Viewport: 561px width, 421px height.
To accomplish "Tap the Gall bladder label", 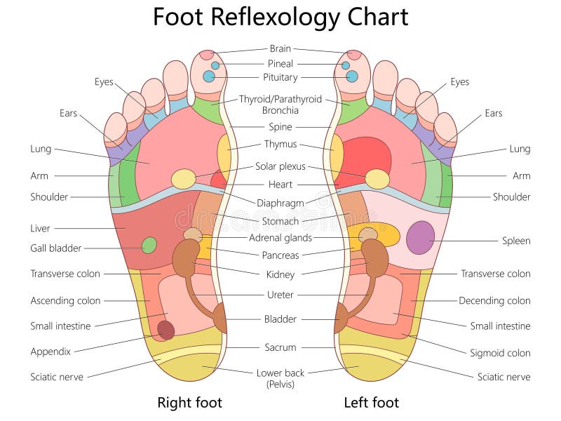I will click(56, 248).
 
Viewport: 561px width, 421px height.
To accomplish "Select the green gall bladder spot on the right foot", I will click(149, 245).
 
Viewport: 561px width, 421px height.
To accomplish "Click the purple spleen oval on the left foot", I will click(420, 237).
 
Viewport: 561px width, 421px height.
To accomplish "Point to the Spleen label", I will click(516, 241).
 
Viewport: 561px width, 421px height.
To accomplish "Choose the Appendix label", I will click(50, 352).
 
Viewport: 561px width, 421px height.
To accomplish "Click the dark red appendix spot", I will click(165, 330).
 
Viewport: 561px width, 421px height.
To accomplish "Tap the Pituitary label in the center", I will click(280, 77).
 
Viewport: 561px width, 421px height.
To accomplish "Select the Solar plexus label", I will click(280, 167).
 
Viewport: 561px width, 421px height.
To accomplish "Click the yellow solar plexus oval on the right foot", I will click(184, 179).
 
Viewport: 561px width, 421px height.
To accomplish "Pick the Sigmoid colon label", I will click(500, 353).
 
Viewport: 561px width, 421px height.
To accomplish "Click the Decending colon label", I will click(494, 300).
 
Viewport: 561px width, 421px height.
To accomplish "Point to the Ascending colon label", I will click(66, 300).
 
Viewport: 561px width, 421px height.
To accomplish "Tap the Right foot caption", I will click(189, 403).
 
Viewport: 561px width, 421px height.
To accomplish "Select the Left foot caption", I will click(371, 403).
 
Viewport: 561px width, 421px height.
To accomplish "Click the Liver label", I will click(40, 228).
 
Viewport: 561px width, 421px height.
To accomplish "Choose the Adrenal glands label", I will click(280, 238).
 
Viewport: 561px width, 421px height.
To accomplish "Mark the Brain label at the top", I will click(280, 49).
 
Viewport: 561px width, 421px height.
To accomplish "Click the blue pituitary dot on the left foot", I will click(352, 76).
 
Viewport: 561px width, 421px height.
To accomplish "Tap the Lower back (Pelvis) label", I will click(280, 377).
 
